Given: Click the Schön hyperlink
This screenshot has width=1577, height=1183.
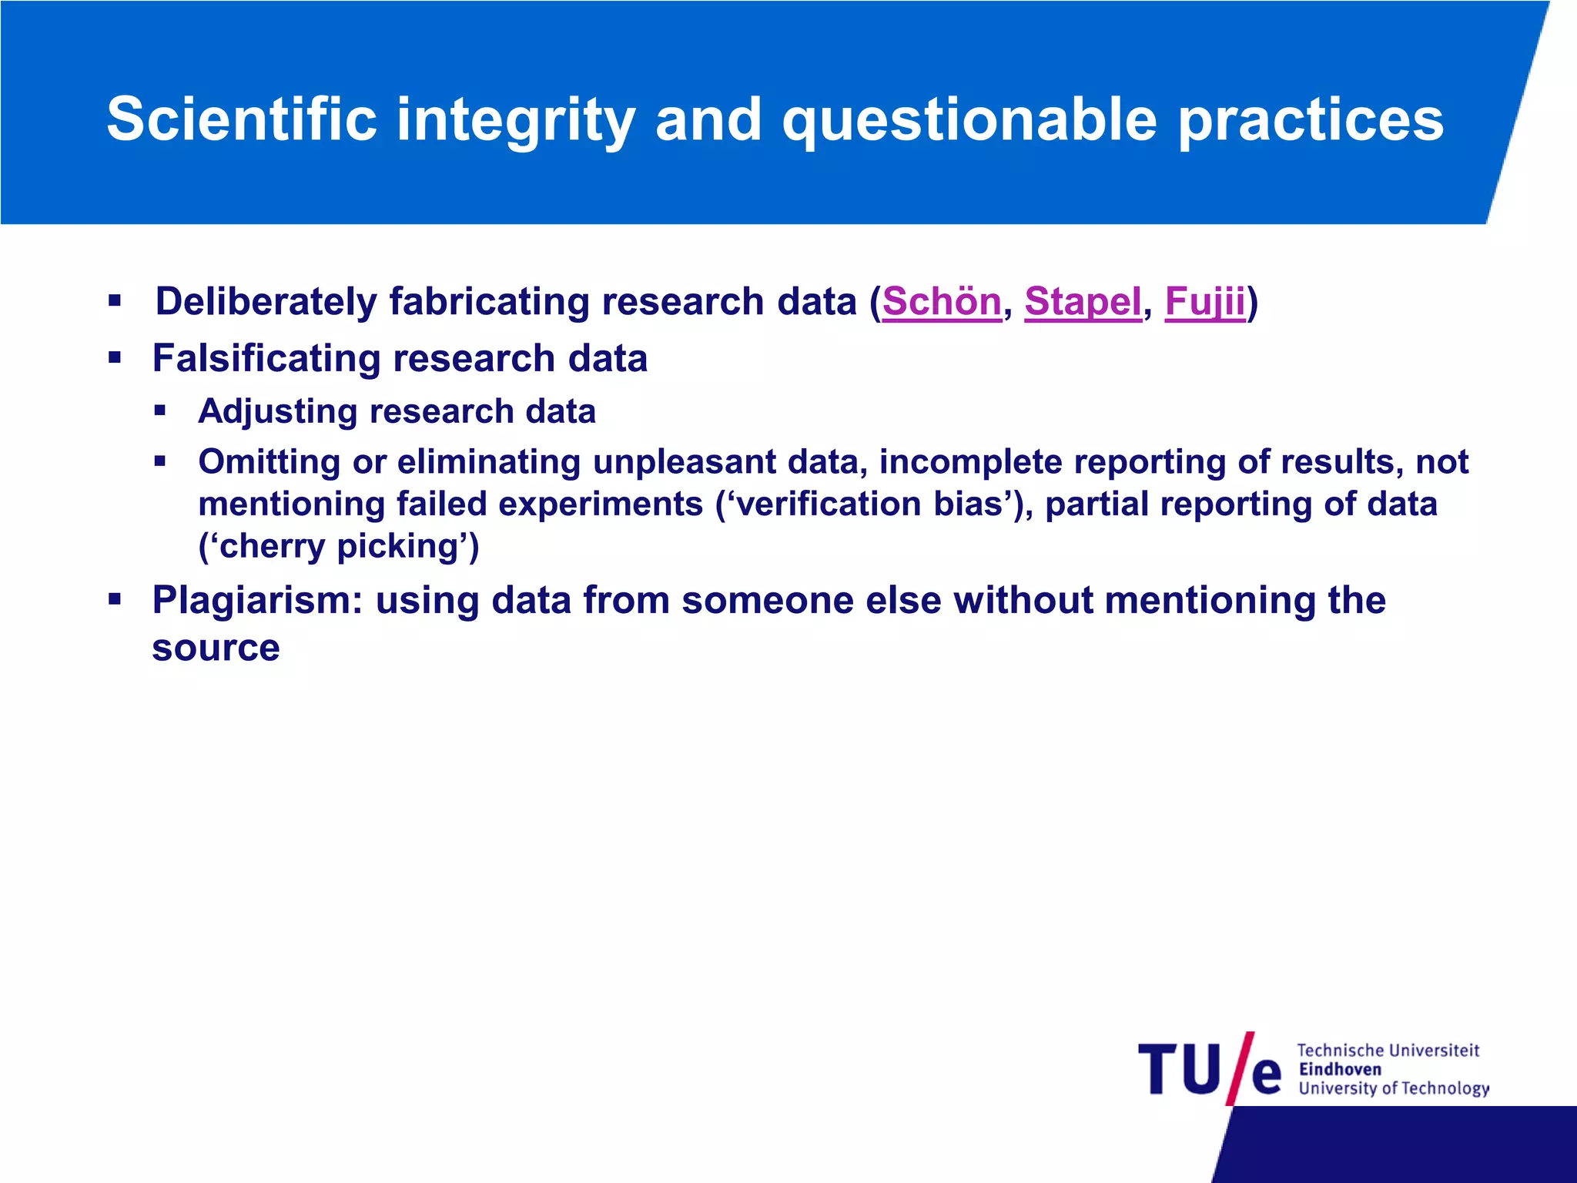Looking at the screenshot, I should pos(941,301).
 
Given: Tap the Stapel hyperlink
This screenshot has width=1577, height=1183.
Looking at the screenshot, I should pos(1082,301).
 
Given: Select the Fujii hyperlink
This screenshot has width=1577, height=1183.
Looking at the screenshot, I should pos(1204,301).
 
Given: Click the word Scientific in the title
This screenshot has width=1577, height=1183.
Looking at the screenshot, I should pos(242,119).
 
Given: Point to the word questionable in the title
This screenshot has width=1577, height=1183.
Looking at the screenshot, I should pos(969,121).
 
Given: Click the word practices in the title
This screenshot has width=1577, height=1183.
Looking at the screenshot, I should pos(1311,121).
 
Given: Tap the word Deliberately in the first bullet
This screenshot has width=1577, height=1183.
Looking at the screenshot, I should pos(266,301).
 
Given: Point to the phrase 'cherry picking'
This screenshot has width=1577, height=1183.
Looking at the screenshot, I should pos(339,546).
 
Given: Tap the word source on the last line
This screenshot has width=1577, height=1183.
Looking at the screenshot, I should pos(216,648).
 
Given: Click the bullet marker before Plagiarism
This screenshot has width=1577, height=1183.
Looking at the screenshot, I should pos(115,598).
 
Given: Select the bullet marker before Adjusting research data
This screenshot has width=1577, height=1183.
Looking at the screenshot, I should pos(160,411).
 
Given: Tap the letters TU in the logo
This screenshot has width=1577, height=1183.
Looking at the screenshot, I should pos(1179,1069).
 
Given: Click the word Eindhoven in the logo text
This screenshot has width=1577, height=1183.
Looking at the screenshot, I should pos(1340,1069).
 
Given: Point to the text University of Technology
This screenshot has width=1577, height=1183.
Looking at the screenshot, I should pos(1393,1088).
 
